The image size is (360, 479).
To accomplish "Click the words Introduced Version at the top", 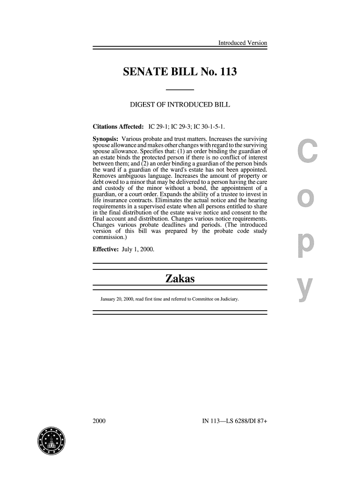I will [x=243, y=44].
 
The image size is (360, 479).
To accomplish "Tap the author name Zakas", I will [x=180, y=280].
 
